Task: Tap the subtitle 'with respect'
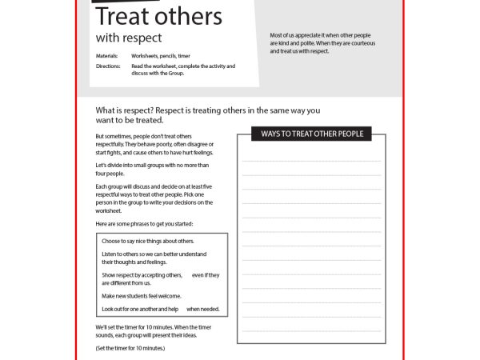pyautogui.click(x=128, y=38)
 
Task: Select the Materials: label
pyautogui.click(x=107, y=56)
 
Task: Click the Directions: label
pyautogui.click(x=108, y=66)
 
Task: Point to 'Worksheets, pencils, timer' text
pyautogui.click(x=161, y=56)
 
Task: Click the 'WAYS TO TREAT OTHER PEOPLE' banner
pyautogui.click(x=312, y=134)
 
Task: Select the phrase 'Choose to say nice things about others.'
pyautogui.click(x=148, y=241)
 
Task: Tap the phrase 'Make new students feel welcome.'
pyautogui.click(x=141, y=296)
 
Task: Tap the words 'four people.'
pyautogui.click(x=110, y=173)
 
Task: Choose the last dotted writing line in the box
pyautogui.click(x=312, y=330)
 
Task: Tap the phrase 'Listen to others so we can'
pyautogui.click(x=154, y=254)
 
